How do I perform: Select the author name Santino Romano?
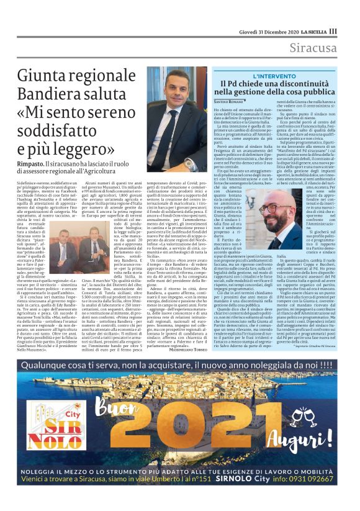(x=230, y=101)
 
